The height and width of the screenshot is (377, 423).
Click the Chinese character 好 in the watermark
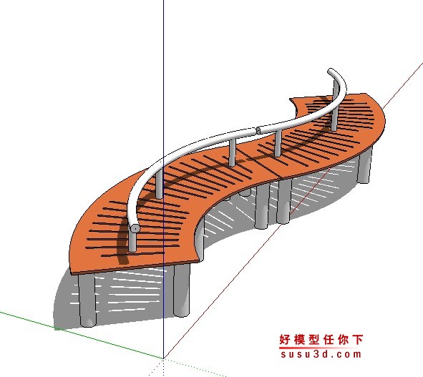[285, 340]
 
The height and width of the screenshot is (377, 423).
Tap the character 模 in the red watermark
[299, 340]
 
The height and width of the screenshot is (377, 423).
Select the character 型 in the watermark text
[314, 340]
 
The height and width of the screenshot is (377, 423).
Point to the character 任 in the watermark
[329, 340]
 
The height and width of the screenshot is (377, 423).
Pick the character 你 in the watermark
[343, 340]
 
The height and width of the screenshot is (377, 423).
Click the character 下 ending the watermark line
[358, 340]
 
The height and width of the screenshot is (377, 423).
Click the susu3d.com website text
[321, 354]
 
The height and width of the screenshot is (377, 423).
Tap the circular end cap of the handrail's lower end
[135, 229]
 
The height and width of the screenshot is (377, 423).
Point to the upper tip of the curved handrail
[330, 71]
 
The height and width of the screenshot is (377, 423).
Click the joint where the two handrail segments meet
[257, 131]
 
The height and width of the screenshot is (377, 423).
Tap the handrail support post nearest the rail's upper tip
[335, 108]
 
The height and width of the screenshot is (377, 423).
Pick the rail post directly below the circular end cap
[132, 241]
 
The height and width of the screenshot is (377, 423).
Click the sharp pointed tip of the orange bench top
[291, 99]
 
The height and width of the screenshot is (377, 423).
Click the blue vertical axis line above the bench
[163, 78]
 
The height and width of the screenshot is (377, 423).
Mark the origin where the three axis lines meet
[163, 358]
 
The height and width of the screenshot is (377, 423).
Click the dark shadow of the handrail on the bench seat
[189, 178]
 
